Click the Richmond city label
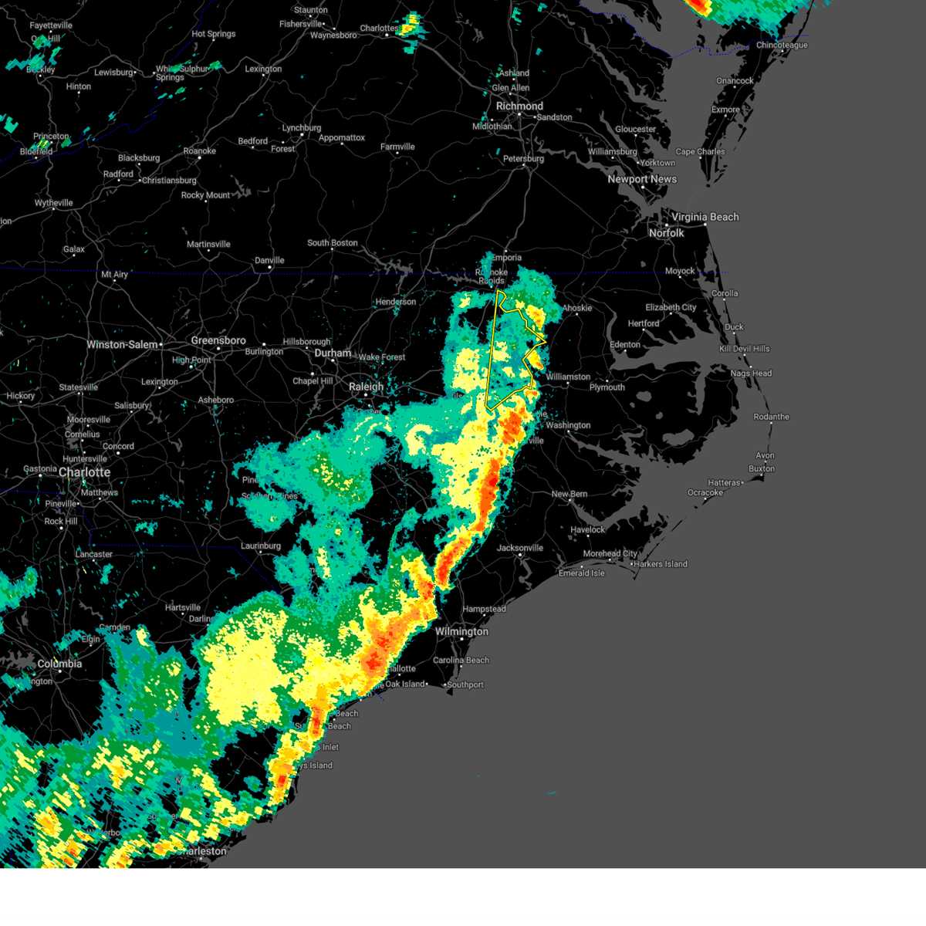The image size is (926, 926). [519, 106]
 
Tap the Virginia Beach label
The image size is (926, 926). [705, 217]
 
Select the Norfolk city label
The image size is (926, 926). [666, 233]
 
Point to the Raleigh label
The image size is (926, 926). [366, 387]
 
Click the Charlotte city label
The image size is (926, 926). [84, 472]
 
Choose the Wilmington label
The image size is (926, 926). [461, 631]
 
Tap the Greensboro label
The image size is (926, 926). [218, 340]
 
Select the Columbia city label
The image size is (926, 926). [59, 664]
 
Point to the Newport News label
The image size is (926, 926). [642, 179]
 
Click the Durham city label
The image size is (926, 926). [333, 353]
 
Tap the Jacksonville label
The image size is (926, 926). [520, 548]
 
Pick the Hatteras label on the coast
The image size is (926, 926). [724, 483]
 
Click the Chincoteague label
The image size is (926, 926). [782, 46]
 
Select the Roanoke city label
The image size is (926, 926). [200, 151]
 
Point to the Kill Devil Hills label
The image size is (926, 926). [745, 349]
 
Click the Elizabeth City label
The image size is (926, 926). [671, 307]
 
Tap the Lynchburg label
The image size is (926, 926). [302, 128]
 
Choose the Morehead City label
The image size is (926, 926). [610, 553]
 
